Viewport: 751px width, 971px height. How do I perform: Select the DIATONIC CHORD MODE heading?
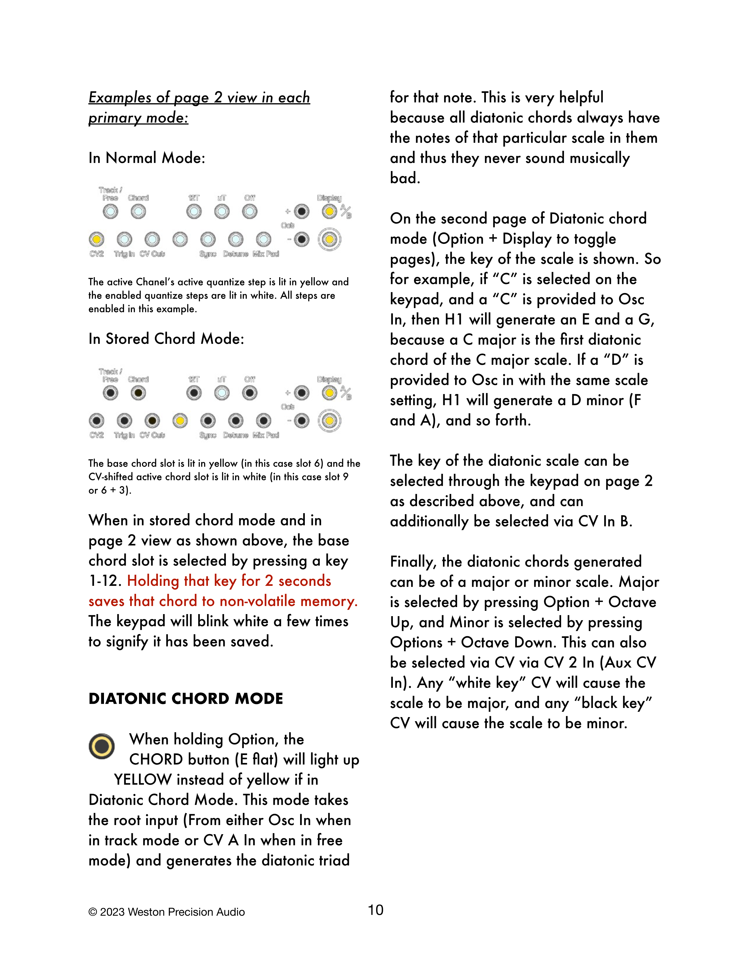tap(186, 699)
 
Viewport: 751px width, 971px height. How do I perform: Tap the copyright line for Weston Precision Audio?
tap(166, 912)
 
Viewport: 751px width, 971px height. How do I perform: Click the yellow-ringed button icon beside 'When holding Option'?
tap(101, 746)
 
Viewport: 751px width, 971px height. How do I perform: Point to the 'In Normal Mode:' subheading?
tap(147, 158)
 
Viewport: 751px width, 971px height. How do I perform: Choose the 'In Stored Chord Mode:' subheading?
tap(166, 339)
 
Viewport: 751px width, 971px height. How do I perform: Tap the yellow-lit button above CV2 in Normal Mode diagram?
tap(97, 239)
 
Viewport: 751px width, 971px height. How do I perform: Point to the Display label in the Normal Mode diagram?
tap(329, 198)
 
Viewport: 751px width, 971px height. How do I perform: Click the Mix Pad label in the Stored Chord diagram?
tap(266, 435)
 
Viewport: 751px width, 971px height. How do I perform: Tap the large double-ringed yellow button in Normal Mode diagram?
tap(329, 239)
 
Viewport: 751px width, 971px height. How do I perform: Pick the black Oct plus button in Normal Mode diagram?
tap(302, 212)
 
